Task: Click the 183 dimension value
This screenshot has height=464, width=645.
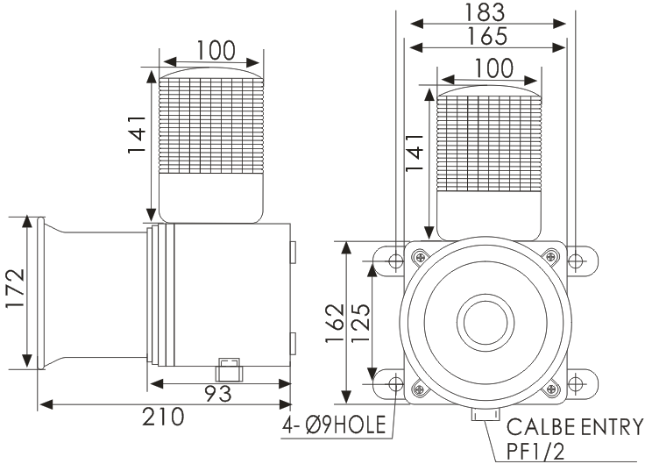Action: (x=484, y=13)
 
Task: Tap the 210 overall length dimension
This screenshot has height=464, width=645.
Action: (x=163, y=417)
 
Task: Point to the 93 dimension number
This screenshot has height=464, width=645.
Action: (x=218, y=394)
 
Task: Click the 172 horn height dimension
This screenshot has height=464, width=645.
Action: (x=16, y=289)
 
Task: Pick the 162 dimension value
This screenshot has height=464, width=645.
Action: (x=335, y=324)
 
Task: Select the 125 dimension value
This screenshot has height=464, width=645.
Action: (x=362, y=324)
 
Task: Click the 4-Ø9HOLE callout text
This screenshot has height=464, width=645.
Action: (x=335, y=425)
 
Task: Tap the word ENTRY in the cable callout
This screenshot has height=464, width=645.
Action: (x=612, y=427)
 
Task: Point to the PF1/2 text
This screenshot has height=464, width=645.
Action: (x=535, y=451)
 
